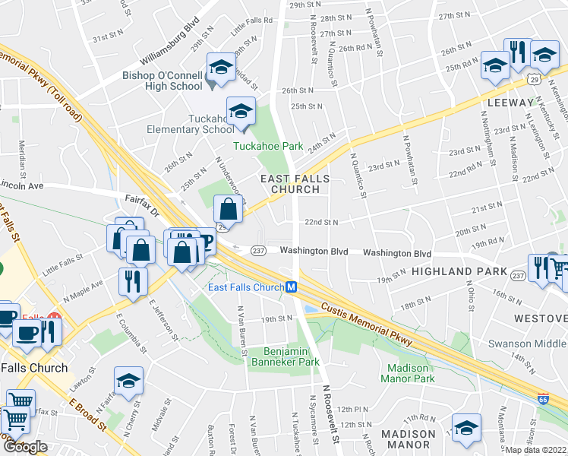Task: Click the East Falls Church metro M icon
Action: [291, 287]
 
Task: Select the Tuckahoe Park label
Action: [268, 146]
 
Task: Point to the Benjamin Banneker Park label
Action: [292, 357]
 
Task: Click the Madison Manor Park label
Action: [406, 373]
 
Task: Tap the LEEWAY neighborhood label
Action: [511, 102]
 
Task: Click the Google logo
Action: [25, 446]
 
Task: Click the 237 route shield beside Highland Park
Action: [519, 274]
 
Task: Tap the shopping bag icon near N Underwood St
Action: [228, 208]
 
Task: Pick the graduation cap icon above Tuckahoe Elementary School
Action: [240, 111]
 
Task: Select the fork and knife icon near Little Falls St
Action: [133, 280]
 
